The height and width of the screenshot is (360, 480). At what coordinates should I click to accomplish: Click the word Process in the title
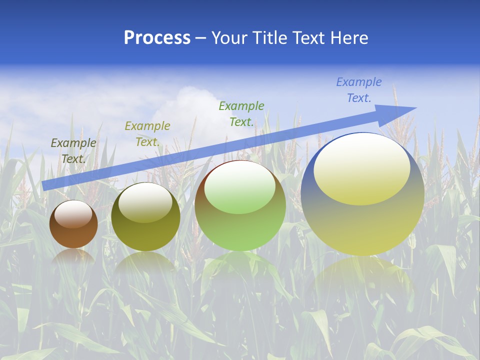157,38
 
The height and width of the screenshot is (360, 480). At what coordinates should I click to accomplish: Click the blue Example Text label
358,90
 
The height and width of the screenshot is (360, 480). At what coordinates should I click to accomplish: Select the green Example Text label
241,114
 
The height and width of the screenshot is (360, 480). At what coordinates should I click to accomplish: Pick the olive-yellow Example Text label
147,134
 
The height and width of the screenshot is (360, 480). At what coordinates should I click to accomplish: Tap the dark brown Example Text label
73,151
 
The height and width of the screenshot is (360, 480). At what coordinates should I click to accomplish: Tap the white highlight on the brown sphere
74,214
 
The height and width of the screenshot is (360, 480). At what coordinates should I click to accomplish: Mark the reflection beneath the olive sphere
145,262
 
